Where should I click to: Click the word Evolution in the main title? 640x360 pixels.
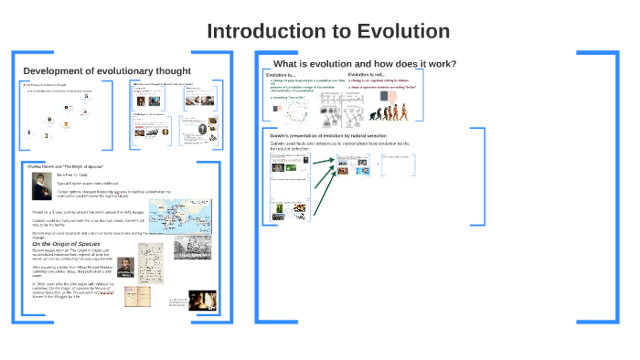pos(398,31)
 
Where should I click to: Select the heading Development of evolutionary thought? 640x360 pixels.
pos(106,71)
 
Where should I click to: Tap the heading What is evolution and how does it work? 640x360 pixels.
pos(365,63)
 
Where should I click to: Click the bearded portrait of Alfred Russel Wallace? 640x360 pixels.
pos(125,267)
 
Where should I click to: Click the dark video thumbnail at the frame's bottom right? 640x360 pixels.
pos(200,300)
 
